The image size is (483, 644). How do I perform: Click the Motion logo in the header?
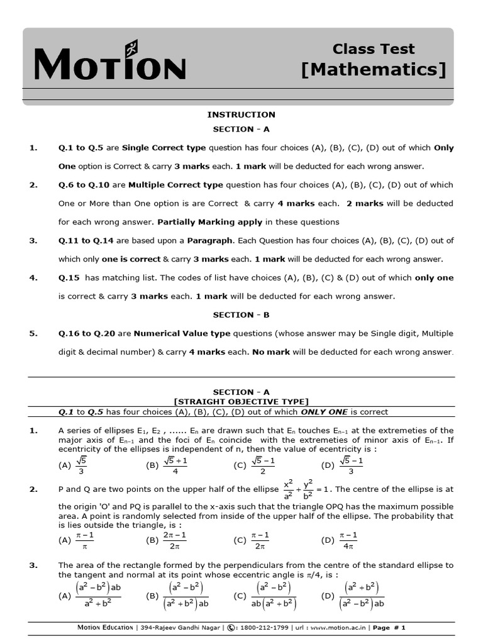point(110,63)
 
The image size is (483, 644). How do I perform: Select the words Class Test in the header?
point(374,49)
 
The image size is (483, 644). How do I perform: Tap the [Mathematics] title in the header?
point(374,69)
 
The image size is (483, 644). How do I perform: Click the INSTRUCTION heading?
point(241,114)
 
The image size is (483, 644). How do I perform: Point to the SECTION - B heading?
point(241,314)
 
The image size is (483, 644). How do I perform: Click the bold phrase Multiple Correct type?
point(175,185)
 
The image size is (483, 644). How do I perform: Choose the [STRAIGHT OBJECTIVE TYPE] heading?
point(241,401)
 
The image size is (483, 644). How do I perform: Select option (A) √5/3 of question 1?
point(73,465)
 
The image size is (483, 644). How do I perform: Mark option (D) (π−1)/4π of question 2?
point(340,540)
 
